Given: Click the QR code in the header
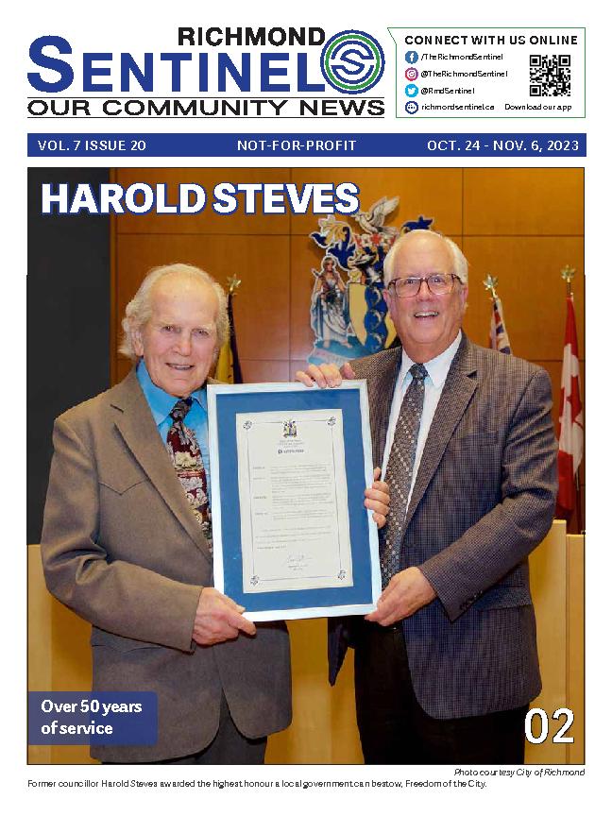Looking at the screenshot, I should [549, 76].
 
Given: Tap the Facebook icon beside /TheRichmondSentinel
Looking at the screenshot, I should [412, 57].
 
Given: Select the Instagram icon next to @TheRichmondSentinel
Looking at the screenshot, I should [412, 74].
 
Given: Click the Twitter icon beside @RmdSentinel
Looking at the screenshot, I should [412, 91].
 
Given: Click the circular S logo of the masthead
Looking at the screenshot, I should [352, 61].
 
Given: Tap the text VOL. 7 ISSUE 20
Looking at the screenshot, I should [92, 145].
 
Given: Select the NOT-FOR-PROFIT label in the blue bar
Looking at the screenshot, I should [297, 145].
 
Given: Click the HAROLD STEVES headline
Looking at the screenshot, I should [199, 199].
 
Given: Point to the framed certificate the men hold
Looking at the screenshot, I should [293, 501].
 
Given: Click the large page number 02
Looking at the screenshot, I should [549, 725].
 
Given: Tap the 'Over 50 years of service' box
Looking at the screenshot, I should [93, 718].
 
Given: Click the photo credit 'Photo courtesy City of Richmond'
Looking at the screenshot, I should [518, 773].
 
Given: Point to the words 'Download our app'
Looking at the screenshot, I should [537, 108].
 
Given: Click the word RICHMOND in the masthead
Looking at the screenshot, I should [251, 37].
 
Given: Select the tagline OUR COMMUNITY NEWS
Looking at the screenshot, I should [206, 107].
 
